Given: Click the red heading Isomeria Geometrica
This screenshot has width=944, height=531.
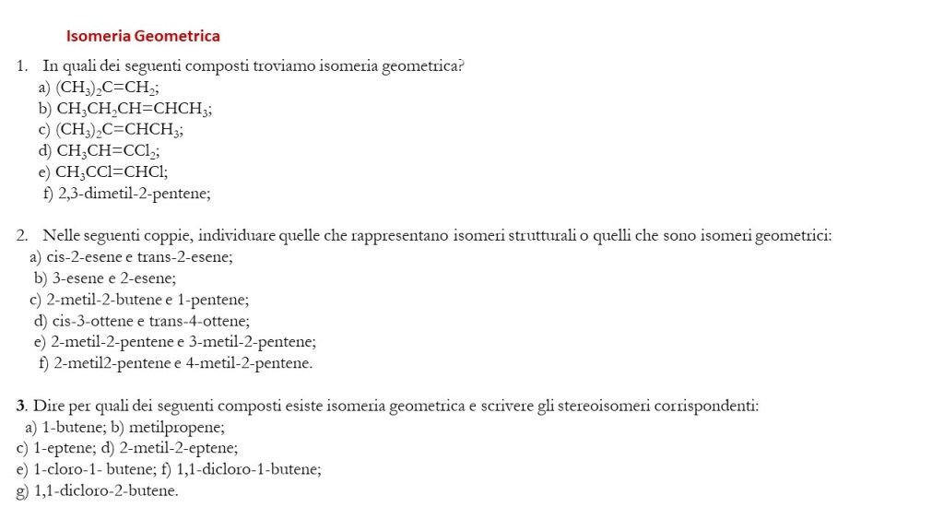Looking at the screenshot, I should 143,37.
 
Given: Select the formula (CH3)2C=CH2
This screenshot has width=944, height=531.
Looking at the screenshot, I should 107,88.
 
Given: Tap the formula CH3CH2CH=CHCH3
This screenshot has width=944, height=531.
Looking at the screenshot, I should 133,110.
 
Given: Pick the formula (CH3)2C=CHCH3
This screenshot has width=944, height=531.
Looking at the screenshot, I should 119,131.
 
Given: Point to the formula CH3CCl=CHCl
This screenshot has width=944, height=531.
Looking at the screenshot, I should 111,172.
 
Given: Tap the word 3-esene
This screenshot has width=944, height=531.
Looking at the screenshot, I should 75,278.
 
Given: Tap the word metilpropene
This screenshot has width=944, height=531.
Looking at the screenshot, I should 177,428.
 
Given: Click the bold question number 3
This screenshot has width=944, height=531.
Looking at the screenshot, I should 21,406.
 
